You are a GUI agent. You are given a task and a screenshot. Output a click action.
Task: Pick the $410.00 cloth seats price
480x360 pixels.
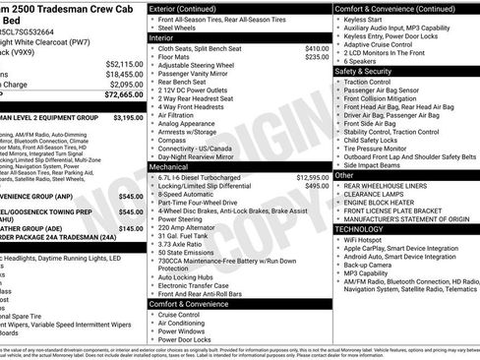click(x=317, y=48)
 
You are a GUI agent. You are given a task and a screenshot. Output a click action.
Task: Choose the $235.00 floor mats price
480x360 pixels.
click(x=317, y=57)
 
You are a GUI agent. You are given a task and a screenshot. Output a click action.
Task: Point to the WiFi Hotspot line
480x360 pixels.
click(x=365, y=239)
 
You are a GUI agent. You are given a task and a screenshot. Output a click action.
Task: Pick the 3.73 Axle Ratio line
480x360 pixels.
click(x=186, y=242)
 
